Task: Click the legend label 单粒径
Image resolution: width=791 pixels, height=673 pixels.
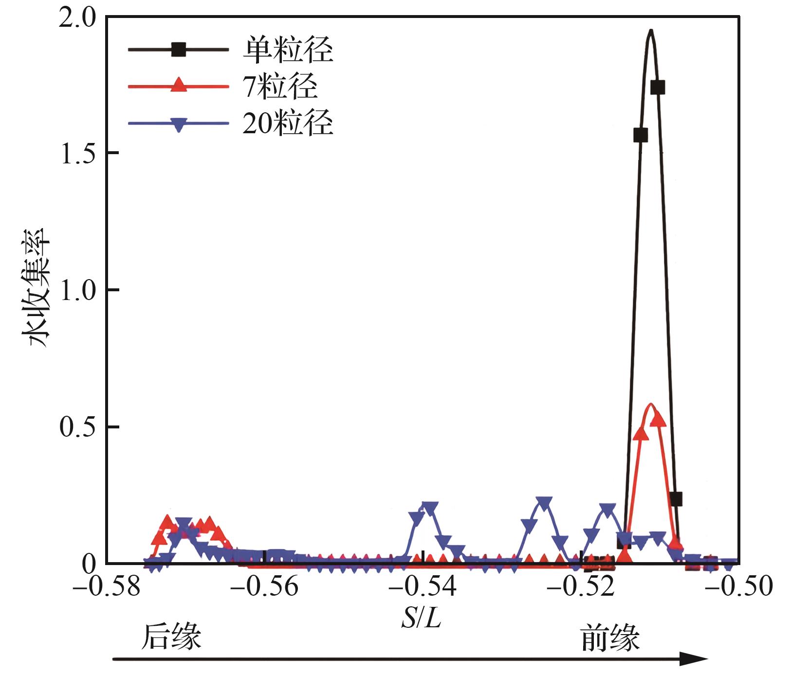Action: pyautogui.click(x=288, y=50)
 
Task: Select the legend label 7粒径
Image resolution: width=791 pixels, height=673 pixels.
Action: pyautogui.click(x=280, y=87)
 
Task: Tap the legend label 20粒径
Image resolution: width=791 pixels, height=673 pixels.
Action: pyautogui.click(x=288, y=122)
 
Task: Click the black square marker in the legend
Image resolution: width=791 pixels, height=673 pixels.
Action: pyautogui.click(x=179, y=49)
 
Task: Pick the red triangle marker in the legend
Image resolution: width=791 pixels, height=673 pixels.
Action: pyautogui.click(x=179, y=85)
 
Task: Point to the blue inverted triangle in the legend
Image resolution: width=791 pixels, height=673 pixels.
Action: pyautogui.click(x=179, y=124)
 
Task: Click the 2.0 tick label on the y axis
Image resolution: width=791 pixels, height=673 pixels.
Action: pyautogui.click(x=79, y=18)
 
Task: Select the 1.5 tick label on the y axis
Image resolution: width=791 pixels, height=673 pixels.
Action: pyautogui.click(x=79, y=153)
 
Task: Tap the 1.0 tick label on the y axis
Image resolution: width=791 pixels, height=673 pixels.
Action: pyautogui.click(x=79, y=290)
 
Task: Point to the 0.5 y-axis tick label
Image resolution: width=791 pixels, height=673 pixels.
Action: pyautogui.click(x=79, y=427)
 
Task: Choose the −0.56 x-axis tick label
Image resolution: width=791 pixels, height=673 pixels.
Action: pyautogui.click(x=264, y=586)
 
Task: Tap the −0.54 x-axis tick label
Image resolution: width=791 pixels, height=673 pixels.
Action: pyautogui.click(x=423, y=586)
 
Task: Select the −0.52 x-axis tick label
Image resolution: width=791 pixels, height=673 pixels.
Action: pyautogui.click(x=581, y=586)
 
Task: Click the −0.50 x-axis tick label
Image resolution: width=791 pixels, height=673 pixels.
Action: pyautogui.click(x=739, y=586)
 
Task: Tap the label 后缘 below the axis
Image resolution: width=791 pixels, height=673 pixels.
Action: pyautogui.click(x=171, y=637)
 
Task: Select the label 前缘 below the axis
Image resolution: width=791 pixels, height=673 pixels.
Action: pyautogui.click(x=610, y=638)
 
